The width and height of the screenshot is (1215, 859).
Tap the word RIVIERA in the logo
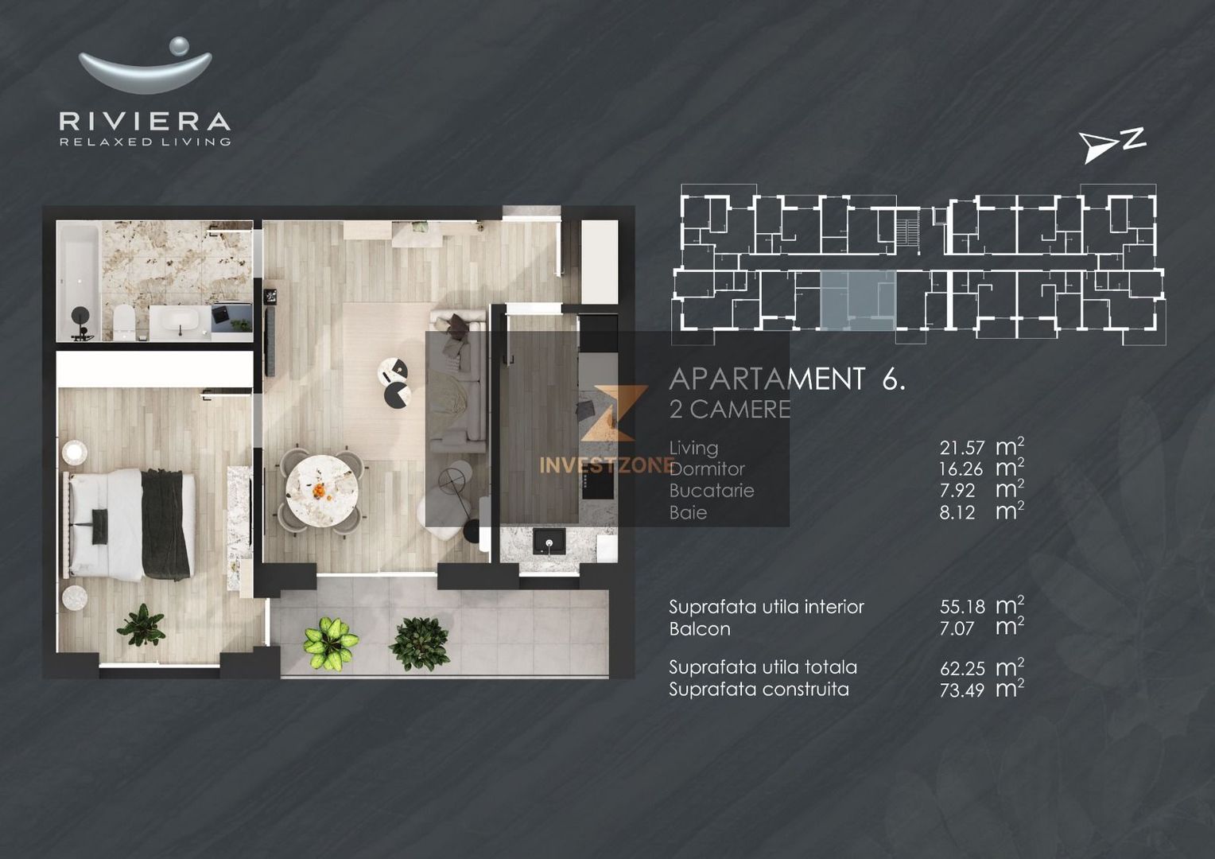coord(146,122)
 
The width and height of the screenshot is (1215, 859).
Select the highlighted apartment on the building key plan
coord(857,299)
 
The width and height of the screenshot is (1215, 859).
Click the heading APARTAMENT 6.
coord(787,379)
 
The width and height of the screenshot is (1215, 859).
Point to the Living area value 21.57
coord(961,449)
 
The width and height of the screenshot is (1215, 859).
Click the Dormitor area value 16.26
coord(961,470)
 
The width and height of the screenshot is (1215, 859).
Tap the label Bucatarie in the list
coord(712,491)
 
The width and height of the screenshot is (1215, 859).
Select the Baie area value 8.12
coord(957,513)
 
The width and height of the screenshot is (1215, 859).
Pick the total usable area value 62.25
coord(961,668)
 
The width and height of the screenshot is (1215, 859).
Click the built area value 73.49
coord(961,690)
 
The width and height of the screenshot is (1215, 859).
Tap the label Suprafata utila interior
coord(766,607)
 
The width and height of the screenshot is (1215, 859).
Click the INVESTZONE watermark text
coord(607,465)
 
